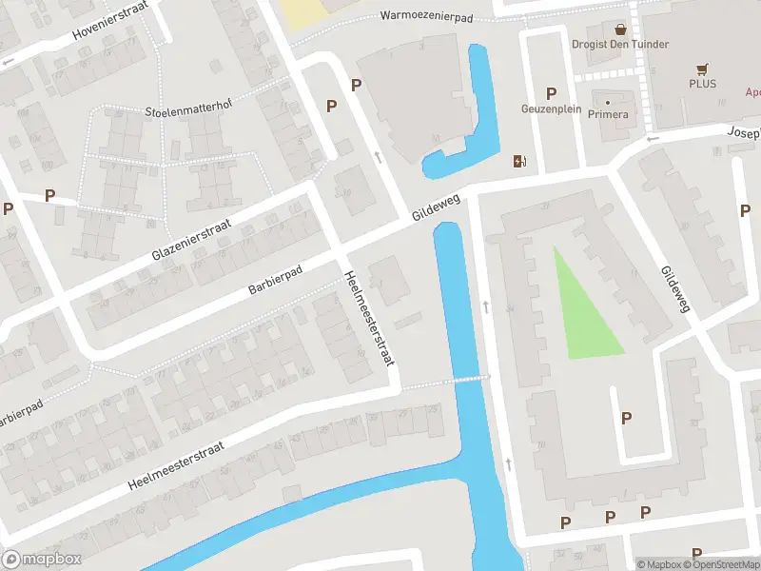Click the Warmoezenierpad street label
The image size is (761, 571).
pyautogui.click(x=428, y=15)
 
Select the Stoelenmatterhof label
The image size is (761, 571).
pyautogui.click(x=189, y=110)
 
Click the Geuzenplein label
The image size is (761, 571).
pyautogui.click(x=551, y=109)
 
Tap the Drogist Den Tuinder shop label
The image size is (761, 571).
pyautogui.click(x=620, y=44)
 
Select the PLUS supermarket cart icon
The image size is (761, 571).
pyautogui.click(x=702, y=69)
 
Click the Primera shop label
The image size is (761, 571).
pyautogui.click(x=608, y=114)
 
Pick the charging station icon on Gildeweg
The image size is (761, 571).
pyautogui.click(x=518, y=161)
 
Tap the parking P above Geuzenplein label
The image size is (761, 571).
pyautogui.click(x=551, y=92)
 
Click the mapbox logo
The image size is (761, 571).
pyautogui.click(x=42, y=560)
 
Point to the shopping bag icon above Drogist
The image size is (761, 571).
pyautogui.click(x=620, y=30)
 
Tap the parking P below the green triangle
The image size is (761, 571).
pyautogui.click(x=626, y=418)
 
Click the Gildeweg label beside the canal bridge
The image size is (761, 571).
pyautogui.click(x=436, y=205)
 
